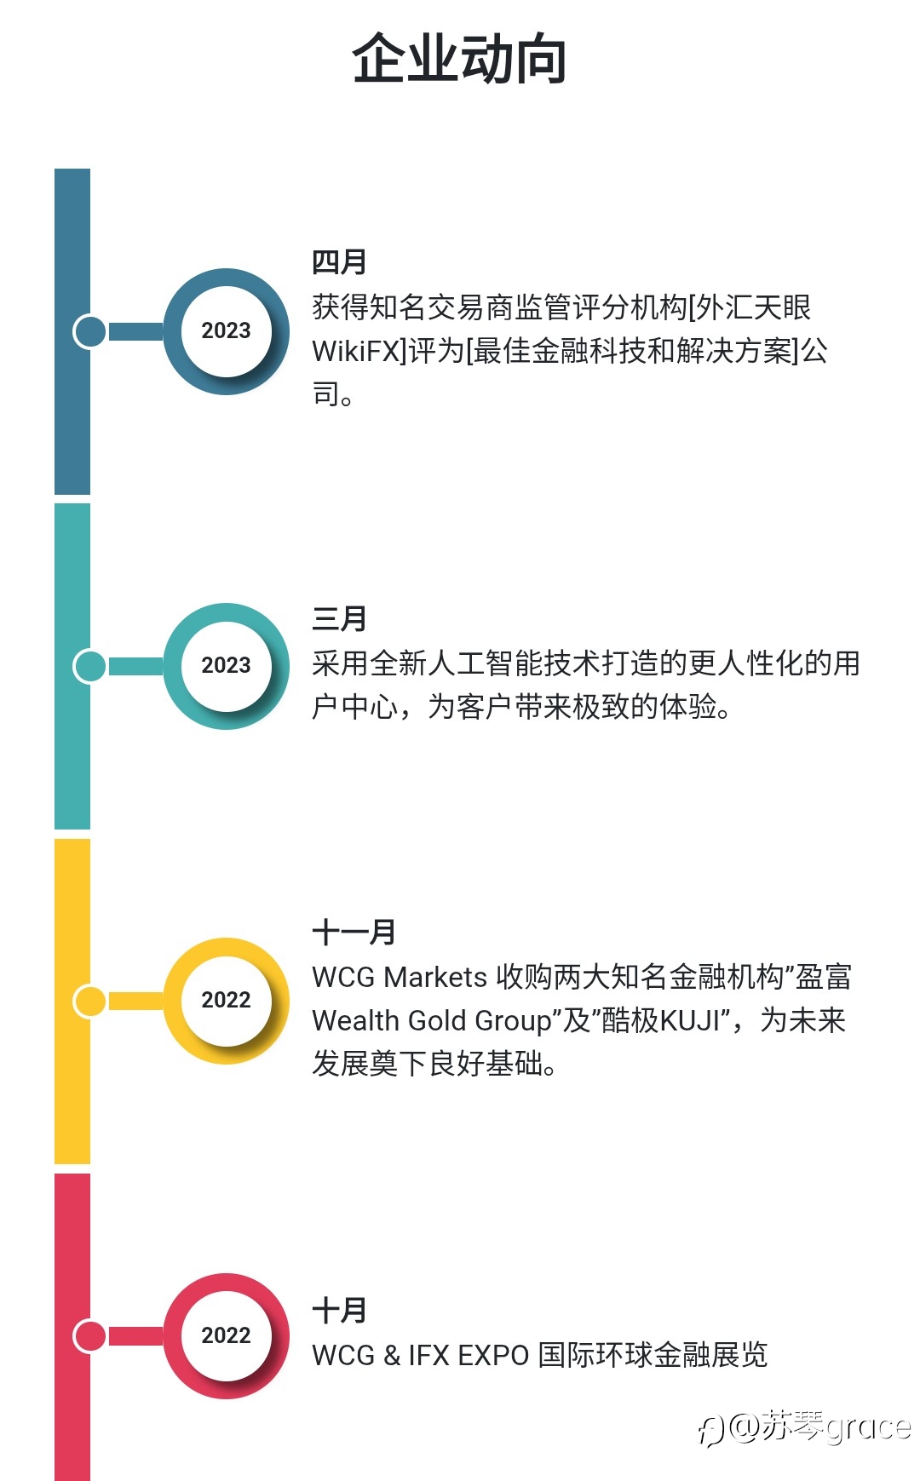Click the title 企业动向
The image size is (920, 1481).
[x=460, y=59]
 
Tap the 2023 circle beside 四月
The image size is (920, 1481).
[x=227, y=331]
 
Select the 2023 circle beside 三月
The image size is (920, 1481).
[x=227, y=666]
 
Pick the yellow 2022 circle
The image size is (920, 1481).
[x=227, y=1001]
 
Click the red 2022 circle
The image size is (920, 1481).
[x=227, y=1335]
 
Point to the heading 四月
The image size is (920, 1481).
[x=339, y=262]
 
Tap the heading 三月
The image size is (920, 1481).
[x=339, y=619]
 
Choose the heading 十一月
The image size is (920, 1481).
[x=354, y=933]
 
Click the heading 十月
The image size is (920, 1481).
[x=339, y=1311]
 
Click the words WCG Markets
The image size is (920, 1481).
[x=400, y=977]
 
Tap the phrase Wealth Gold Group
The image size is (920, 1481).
[x=432, y=1020]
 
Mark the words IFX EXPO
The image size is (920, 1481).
[x=469, y=1355]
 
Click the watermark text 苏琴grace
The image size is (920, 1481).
[x=836, y=1426]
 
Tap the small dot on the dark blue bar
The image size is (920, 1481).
[x=89, y=331]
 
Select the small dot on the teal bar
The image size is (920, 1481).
[x=89, y=666]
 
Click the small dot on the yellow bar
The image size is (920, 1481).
[x=89, y=1001]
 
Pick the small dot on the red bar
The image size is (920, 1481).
[x=89, y=1335]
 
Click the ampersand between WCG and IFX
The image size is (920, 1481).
[x=392, y=1355]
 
